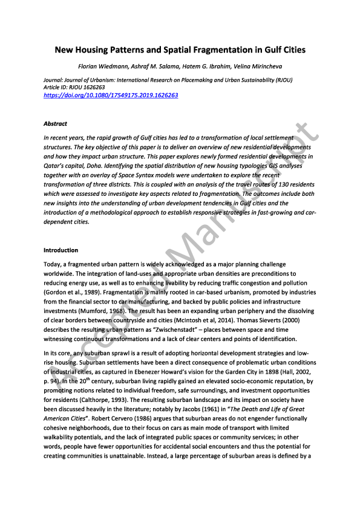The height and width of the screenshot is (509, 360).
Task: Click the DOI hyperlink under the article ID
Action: pos(111,96)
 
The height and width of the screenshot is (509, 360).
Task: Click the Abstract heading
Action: pos(56,123)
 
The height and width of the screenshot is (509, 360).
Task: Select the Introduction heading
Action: pos(61,250)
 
